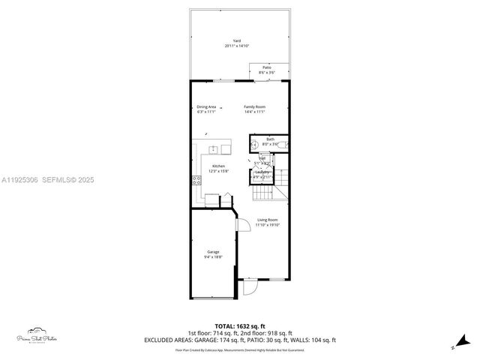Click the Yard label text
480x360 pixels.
pos(236,41)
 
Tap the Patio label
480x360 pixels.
pos(267,67)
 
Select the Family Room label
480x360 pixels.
pos(254,106)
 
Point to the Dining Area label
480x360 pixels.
pos(206,106)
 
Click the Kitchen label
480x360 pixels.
pos(218,166)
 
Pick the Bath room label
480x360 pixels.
pos(270,139)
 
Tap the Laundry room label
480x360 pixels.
pos(262,172)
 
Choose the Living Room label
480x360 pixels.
pos(266,220)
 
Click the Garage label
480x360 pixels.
pos(213,252)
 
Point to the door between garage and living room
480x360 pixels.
pos(242,223)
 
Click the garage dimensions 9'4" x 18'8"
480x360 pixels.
pos(213,256)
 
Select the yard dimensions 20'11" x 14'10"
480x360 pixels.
pos(236,46)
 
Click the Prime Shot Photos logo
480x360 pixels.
pos(37,334)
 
